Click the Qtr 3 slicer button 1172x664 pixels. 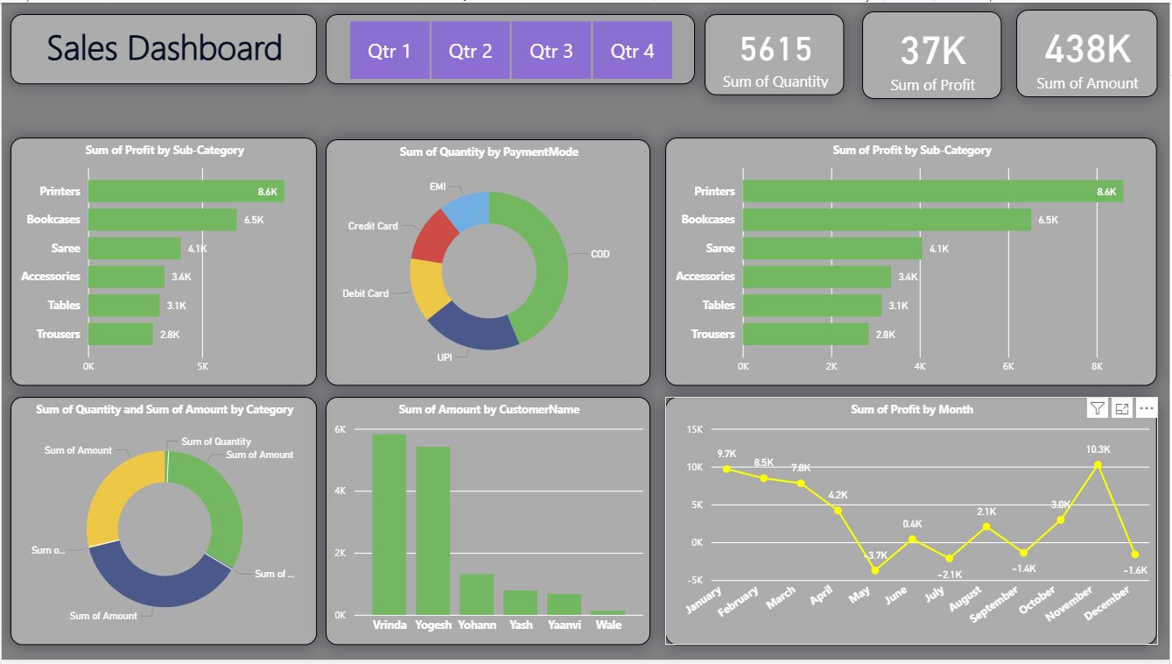pos(551,51)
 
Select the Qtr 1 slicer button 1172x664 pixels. pos(389,51)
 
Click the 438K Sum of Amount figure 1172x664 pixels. pos(1087,50)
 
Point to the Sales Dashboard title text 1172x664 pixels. pos(164,48)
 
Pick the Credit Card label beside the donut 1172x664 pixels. pos(373,226)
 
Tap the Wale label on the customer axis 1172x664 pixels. pos(608,626)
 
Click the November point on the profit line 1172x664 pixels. pos(1098,465)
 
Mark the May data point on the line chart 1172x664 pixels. pos(874,570)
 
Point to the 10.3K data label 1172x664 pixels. pos(1098,449)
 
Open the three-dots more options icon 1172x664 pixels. pos(1146,408)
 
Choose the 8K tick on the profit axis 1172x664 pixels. pos(1098,365)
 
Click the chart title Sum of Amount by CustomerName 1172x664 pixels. pos(488,409)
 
